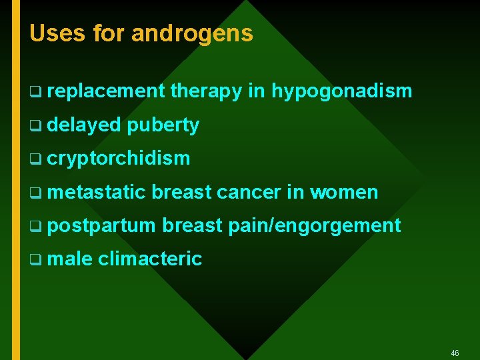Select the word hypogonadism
coord(341,92)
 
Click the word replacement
coord(105,92)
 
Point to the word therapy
coord(206,92)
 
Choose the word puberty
coord(163,125)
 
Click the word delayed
coord(84,125)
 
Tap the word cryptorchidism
coord(119,159)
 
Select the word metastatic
coord(96,193)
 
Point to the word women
coord(344,193)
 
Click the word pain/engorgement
coord(315,226)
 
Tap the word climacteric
coord(150,259)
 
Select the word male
coord(70,259)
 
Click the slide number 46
coord(455,353)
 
